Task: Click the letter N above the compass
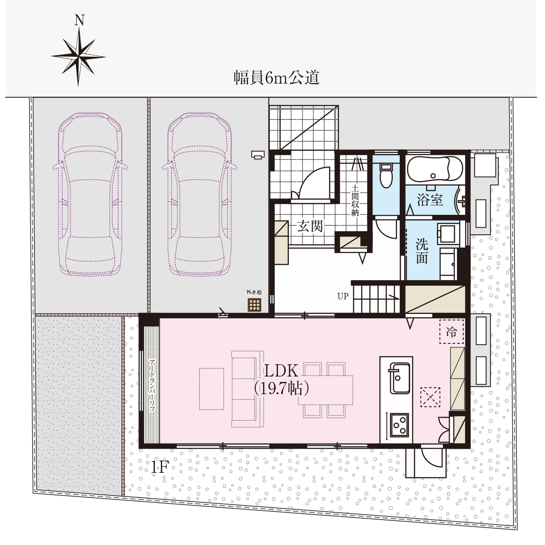click(x=79, y=20)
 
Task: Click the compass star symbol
click(x=78, y=57)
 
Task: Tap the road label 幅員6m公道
click(x=276, y=78)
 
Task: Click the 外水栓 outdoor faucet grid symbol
click(x=254, y=305)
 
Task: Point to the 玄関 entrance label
click(x=310, y=226)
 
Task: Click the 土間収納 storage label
click(x=355, y=200)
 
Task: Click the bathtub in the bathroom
click(x=435, y=169)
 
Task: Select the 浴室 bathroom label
click(x=430, y=200)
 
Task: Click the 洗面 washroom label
click(x=422, y=251)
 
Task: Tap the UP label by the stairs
click(x=343, y=296)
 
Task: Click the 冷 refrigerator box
click(x=451, y=332)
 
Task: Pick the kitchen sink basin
click(x=400, y=378)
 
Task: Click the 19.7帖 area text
click(x=281, y=389)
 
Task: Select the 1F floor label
click(x=160, y=467)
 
